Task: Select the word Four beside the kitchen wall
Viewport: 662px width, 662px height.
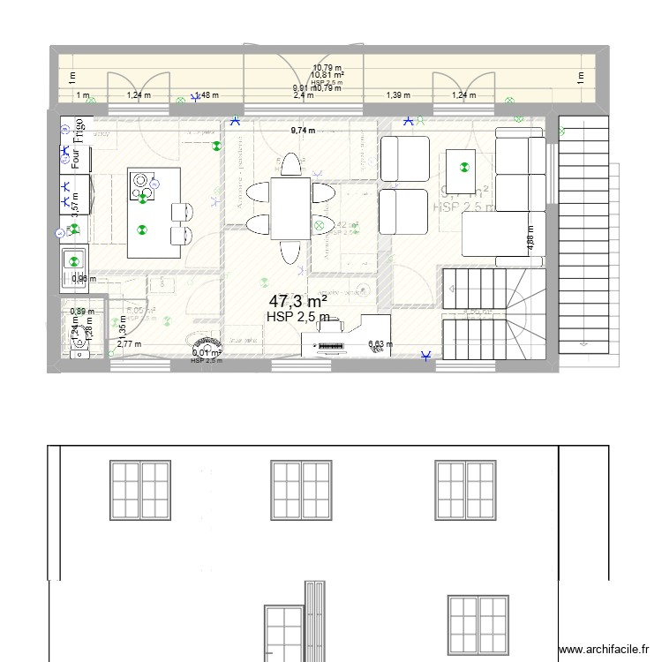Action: pos(78,159)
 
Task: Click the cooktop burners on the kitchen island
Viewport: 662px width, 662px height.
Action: pos(142,185)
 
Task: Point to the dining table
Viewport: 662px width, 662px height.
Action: pos(290,206)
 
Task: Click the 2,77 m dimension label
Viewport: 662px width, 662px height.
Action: pos(129,344)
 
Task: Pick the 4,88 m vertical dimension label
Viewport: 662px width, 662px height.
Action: pos(530,242)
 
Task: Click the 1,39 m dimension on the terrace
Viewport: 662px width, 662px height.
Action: pos(399,95)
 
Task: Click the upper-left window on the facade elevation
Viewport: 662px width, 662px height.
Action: pos(139,489)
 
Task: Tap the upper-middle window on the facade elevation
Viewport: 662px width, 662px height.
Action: pos(302,489)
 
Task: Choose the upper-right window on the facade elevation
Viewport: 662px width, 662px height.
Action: pos(464,489)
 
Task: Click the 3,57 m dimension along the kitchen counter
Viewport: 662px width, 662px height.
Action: pos(75,204)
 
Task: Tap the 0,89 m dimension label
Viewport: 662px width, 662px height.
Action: pos(82,312)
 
